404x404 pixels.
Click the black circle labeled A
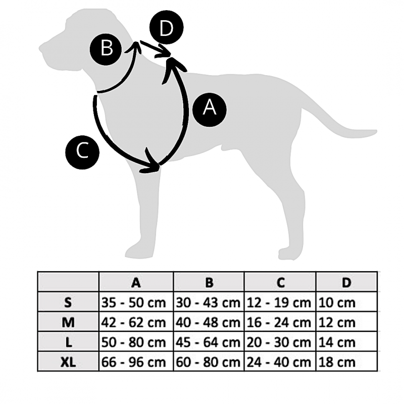pos(210,109)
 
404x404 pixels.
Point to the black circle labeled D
pos(167,30)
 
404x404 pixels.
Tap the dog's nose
pos(41,49)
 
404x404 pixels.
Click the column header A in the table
pos(136,282)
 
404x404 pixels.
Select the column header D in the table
pos(346,282)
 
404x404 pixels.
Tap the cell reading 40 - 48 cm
pos(208,322)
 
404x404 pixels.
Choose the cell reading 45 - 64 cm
pos(208,342)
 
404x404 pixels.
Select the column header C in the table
pos(281,282)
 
